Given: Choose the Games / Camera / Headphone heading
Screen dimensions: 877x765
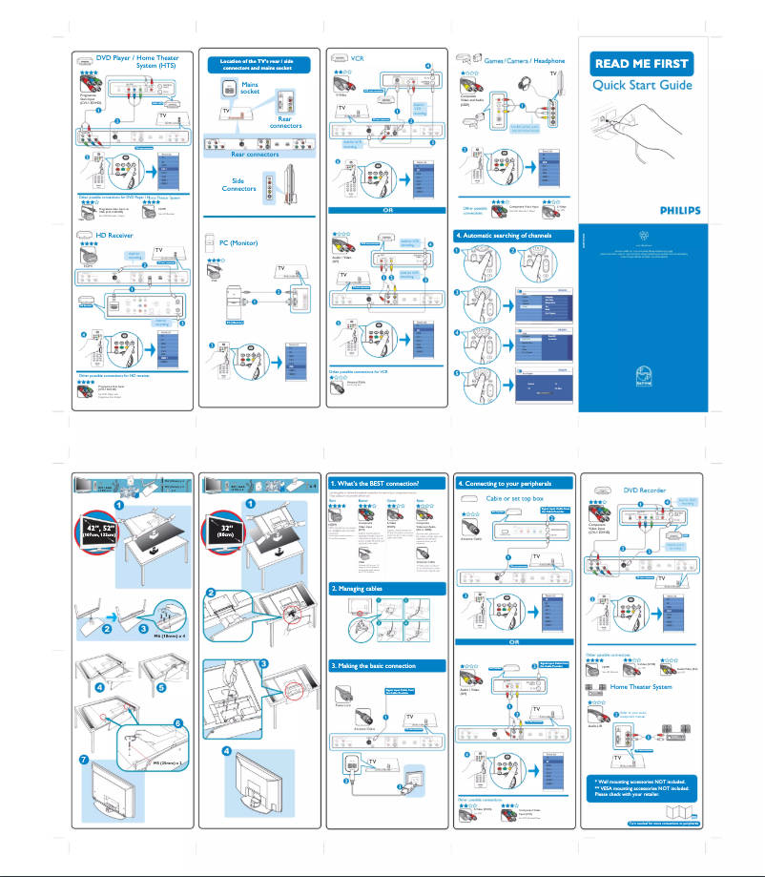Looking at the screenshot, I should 525,60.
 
